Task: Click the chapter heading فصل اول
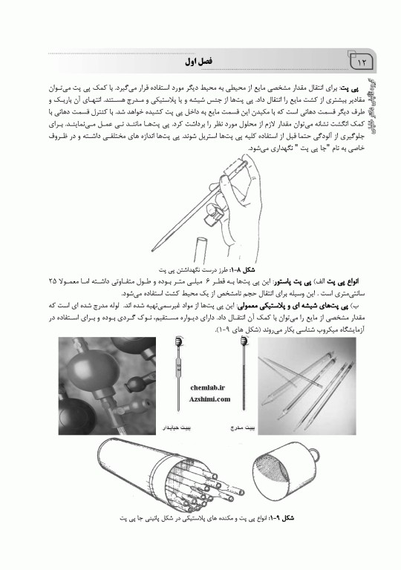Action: (195, 58)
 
